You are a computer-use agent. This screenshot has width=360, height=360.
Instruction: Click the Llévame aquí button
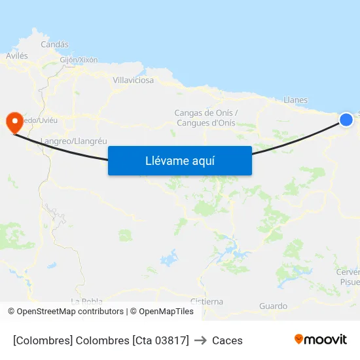[180, 160]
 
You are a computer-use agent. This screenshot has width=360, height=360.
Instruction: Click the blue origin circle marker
[346, 119]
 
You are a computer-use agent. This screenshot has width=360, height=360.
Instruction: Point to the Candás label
[54, 45]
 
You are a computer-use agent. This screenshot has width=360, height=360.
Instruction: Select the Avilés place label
[17, 56]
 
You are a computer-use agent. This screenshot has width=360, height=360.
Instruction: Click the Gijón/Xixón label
[79, 60]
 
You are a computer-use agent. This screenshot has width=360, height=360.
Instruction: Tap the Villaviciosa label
[134, 80]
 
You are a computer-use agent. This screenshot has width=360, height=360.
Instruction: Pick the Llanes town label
[296, 100]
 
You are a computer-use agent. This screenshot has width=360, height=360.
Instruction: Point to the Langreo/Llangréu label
[73, 141]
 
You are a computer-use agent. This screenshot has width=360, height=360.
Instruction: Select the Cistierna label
[206, 302]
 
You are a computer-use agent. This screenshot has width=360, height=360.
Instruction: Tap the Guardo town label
[273, 306]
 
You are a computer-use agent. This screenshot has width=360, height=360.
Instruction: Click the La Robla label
[86, 301]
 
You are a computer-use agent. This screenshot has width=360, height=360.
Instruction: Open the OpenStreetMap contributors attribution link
[69, 312]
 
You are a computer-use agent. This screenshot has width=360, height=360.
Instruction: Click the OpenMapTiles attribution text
[166, 312]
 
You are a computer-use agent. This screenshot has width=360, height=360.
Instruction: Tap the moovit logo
[321, 339]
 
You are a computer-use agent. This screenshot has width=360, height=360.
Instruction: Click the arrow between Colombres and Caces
[200, 340]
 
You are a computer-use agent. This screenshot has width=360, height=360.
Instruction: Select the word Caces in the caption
[227, 340]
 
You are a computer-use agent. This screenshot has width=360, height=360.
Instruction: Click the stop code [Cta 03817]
[160, 340]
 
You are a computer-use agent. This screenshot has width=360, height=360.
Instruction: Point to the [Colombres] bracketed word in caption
[43, 340]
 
